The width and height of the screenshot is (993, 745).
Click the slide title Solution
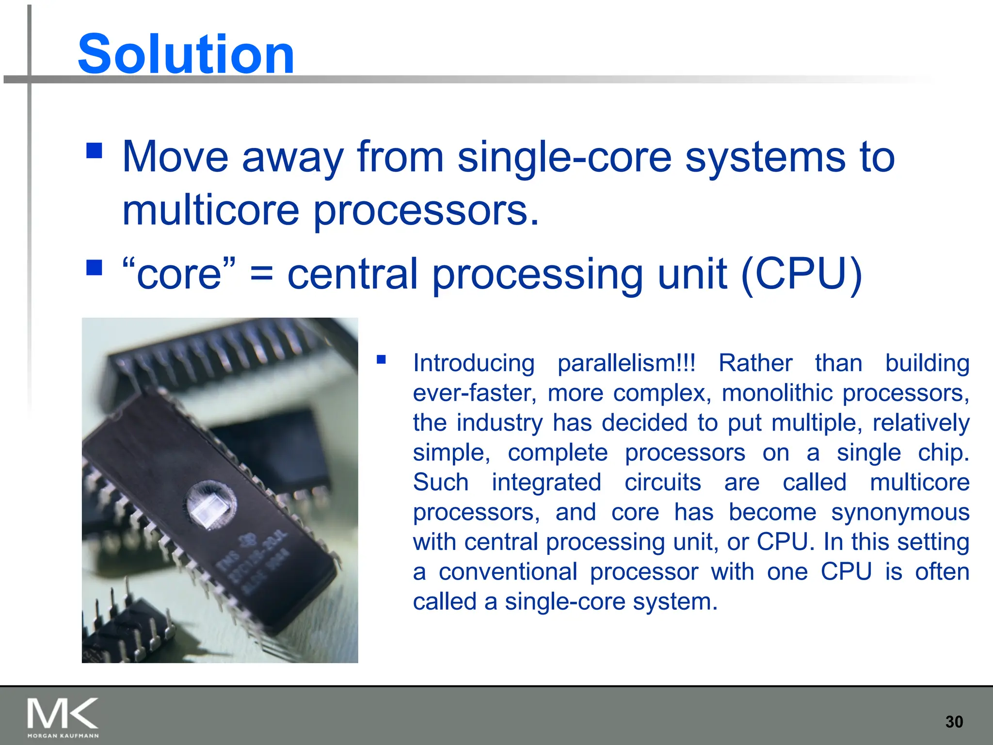click(186, 54)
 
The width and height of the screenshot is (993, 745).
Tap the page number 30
click(954, 722)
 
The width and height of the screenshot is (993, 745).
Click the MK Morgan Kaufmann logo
click(63, 717)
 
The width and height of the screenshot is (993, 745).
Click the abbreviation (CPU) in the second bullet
click(801, 274)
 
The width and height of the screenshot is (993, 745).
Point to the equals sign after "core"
click(261, 275)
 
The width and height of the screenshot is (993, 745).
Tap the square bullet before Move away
click(94, 150)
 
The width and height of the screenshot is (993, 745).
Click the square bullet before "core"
click(94, 267)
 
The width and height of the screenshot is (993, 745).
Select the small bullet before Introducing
click(381, 359)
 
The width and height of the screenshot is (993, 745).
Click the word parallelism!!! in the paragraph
click(626, 363)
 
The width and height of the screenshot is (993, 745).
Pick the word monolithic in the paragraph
click(778, 393)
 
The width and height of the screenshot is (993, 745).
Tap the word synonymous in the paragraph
click(900, 512)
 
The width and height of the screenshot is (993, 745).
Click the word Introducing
click(473, 363)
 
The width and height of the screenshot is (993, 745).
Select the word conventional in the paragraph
click(508, 572)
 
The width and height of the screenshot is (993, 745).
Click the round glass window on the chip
click(211, 505)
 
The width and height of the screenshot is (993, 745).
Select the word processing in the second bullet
click(538, 275)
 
